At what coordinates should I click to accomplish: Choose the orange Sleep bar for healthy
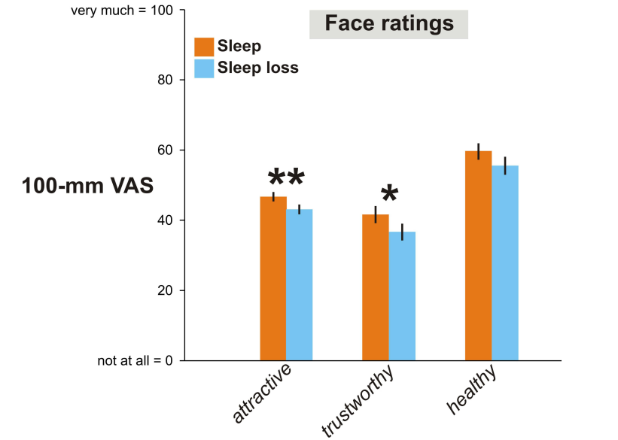478,256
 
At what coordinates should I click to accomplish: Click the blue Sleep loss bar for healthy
504,263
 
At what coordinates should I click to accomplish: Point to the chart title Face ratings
388,24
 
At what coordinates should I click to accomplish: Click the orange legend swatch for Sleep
204,47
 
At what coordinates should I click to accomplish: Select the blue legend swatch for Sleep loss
204,68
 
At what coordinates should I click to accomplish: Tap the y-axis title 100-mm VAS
87,185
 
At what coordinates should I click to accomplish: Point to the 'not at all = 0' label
135,361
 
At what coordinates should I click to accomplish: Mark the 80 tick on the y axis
163,80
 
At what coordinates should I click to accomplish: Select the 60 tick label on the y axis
163,150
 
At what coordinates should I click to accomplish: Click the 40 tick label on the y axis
163,220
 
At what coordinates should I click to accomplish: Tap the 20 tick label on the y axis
163,290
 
